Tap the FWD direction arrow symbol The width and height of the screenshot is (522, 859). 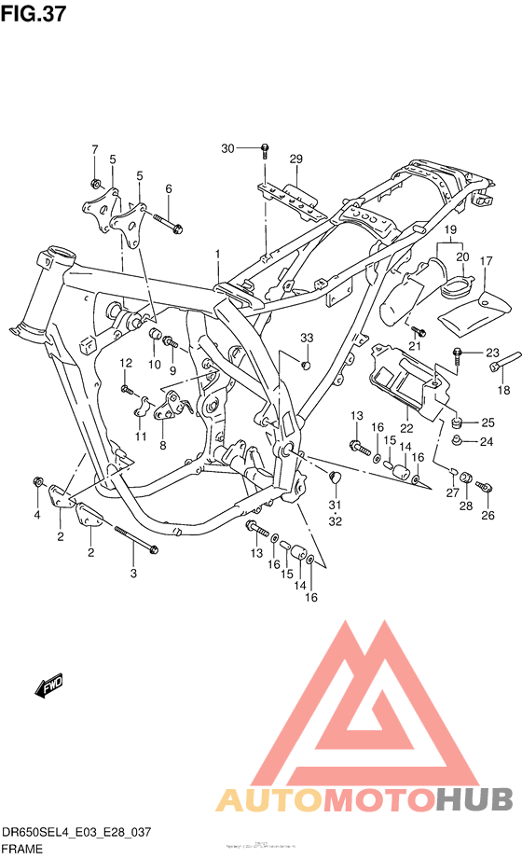tap(49, 688)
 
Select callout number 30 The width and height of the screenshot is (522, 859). tap(228, 148)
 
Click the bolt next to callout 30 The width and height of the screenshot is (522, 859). tap(266, 149)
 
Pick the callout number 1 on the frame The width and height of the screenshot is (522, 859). tap(216, 254)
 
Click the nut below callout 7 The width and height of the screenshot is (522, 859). tap(94, 181)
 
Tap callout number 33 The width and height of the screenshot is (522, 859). tap(306, 337)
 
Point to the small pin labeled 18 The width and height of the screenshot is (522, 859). tap(495, 367)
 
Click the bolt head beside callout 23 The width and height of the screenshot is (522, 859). tap(459, 353)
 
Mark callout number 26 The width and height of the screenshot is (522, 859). tap(488, 514)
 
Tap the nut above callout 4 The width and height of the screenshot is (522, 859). tap(37, 482)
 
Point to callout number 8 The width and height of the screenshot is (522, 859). tap(162, 446)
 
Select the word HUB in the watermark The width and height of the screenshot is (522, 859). tap(475, 799)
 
